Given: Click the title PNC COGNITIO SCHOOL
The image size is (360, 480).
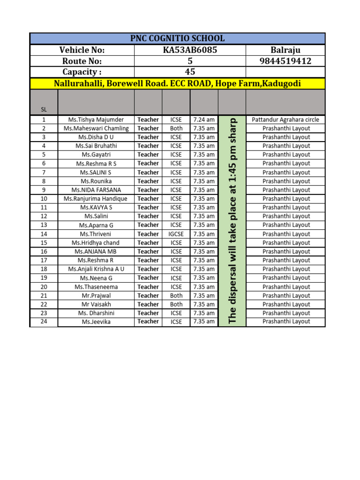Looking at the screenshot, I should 177,38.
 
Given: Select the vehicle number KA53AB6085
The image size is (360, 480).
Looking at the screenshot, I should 190,50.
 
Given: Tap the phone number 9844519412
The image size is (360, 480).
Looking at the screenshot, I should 285,61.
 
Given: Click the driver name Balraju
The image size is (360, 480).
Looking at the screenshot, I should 285,50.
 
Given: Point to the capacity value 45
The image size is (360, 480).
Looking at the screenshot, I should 190,72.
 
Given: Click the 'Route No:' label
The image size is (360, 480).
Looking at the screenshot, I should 82,61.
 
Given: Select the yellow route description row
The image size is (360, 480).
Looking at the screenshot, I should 177,83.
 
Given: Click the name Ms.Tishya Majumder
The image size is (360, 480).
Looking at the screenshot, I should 96,120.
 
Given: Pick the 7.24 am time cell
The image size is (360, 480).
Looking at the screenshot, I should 204,120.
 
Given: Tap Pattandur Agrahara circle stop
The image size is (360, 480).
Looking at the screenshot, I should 285,120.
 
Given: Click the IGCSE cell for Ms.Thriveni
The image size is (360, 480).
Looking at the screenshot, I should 176,234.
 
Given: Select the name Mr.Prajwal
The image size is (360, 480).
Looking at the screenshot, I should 96,296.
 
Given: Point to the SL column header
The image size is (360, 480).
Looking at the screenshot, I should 44,110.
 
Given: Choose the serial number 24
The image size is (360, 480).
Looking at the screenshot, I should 44,322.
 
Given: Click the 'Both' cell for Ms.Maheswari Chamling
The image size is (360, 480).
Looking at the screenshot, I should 176,128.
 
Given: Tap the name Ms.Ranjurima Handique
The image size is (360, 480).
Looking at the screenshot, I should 96,199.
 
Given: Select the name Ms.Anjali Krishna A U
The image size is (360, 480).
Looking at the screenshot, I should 96,269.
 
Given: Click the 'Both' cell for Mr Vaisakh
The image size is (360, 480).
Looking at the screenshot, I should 176,304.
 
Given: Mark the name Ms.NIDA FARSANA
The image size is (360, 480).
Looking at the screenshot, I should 96,190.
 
